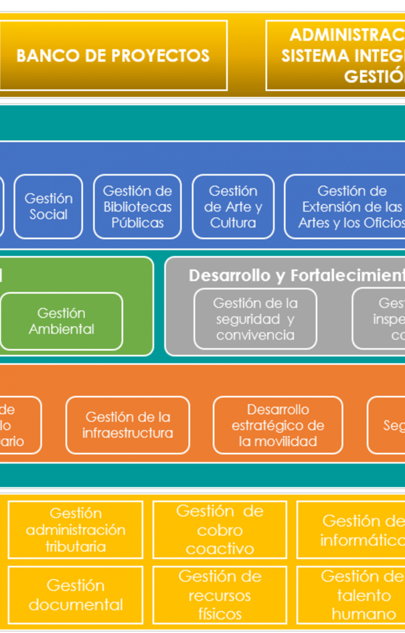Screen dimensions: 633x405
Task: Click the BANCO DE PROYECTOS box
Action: (x=112, y=55)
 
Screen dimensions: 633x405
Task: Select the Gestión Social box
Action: (x=48, y=206)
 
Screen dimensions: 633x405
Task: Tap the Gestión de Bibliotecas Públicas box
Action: (x=137, y=206)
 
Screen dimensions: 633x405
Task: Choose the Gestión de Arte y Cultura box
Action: (x=233, y=206)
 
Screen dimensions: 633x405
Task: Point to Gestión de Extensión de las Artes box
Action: (x=348, y=206)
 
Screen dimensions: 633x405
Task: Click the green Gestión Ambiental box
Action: (x=61, y=321)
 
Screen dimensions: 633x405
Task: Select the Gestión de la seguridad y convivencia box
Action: (x=255, y=319)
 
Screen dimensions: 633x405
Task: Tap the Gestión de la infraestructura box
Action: (x=128, y=425)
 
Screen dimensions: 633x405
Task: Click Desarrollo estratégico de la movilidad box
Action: (x=278, y=425)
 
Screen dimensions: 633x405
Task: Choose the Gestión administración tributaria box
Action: (x=75, y=530)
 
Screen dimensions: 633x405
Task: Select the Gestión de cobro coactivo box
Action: (x=219, y=530)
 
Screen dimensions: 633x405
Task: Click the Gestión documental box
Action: (x=75, y=594)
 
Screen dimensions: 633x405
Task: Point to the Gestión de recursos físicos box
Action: (x=219, y=594)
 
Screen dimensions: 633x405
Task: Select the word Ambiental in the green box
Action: (x=61, y=329)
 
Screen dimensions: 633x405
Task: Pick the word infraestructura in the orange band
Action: (x=128, y=433)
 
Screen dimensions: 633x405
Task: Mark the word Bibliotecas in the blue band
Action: (x=137, y=207)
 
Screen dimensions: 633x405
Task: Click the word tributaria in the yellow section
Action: (x=75, y=546)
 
